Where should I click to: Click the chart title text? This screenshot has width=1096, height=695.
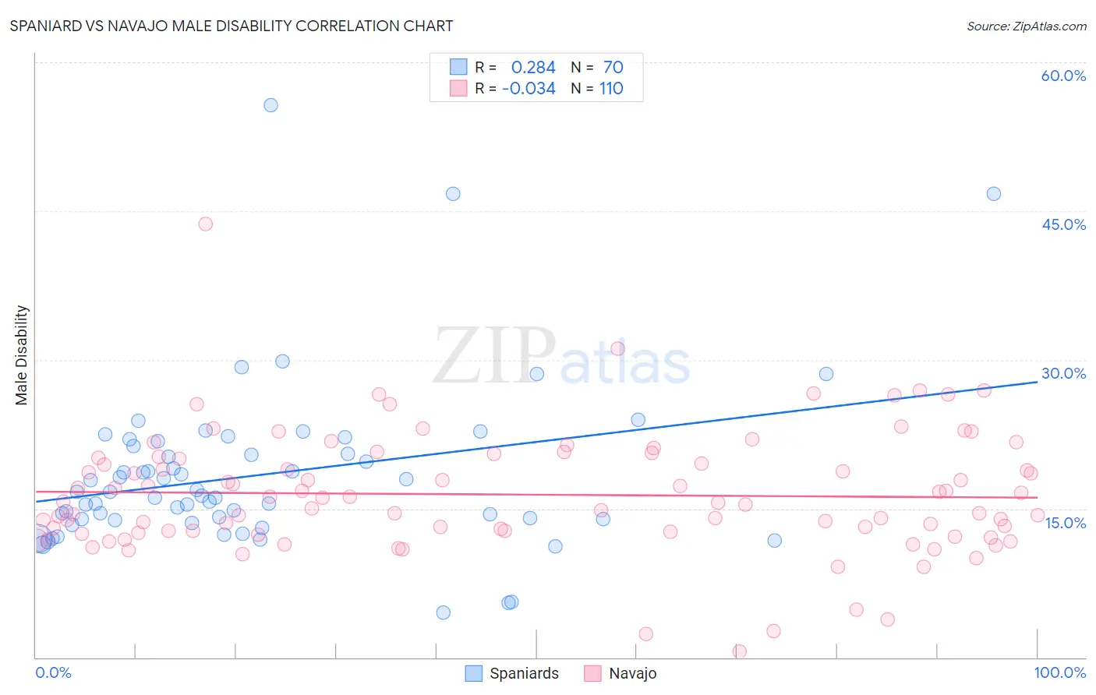(231, 26)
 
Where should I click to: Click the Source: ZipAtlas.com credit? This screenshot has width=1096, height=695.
(1026, 26)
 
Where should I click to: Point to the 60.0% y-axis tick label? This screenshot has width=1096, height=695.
(1063, 76)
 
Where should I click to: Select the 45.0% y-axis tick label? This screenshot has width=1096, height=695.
(1063, 224)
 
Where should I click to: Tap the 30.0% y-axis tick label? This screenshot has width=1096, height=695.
(1063, 373)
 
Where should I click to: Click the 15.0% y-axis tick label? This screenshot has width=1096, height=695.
(1065, 523)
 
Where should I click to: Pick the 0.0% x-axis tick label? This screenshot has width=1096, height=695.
(53, 672)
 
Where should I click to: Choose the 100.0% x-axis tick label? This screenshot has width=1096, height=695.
(1059, 672)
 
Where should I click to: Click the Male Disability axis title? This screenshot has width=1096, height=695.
(22, 355)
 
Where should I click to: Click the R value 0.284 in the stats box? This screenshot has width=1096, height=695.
(533, 68)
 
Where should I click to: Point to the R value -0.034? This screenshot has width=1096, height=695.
(529, 89)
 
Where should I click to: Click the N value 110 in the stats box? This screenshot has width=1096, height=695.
(611, 89)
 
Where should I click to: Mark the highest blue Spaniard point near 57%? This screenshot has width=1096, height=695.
(270, 105)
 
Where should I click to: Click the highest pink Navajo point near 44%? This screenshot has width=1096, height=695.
(206, 224)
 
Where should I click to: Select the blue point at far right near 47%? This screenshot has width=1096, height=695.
(994, 194)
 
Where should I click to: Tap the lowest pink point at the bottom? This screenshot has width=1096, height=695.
(740, 651)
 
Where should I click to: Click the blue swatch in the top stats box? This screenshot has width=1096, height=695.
(458, 67)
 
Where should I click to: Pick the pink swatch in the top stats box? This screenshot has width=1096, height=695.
(458, 89)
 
